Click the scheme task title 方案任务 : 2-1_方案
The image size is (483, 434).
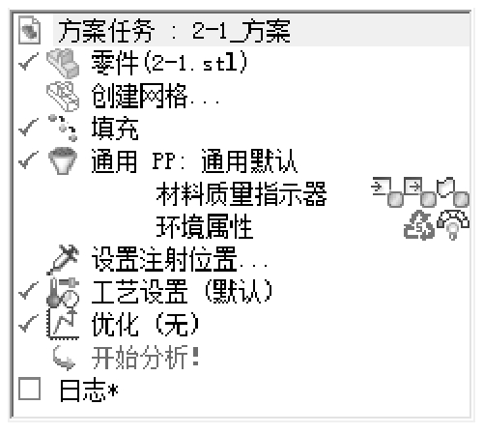pos(174,31)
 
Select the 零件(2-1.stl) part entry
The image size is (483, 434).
pos(170,63)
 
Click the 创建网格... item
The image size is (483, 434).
pos(156,96)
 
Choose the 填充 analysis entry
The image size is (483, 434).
pos(115,129)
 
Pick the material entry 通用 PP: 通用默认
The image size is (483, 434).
pos(194,161)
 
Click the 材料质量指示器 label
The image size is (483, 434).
pos(241,194)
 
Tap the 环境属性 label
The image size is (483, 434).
pos(205,226)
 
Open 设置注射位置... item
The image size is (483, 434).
pos(180,259)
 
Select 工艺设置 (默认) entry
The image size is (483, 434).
pos(182,292)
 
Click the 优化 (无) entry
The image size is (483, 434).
pos(145,325)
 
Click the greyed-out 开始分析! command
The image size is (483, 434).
pos(145,358)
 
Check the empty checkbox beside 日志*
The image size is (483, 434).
pos(29,389)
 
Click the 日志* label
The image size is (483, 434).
pos(89,391)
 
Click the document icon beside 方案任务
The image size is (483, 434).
pos(29,30)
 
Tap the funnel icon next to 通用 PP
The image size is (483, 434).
pos(63,161)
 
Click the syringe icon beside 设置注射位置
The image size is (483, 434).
pos(63,259)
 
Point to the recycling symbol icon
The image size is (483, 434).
pos(418,225)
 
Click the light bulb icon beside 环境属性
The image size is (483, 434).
pos(453,224)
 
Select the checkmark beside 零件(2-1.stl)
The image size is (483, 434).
pos(28,61)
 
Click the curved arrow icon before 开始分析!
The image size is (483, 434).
pos(64,358)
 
